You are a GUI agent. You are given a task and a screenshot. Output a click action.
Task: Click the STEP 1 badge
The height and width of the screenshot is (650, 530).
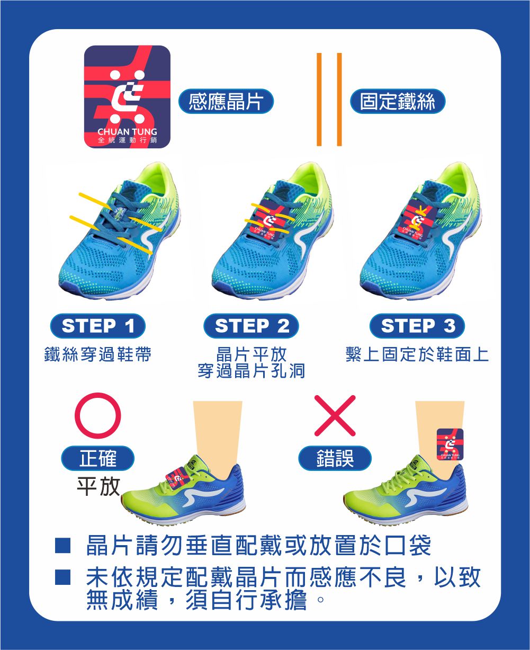(97, 326)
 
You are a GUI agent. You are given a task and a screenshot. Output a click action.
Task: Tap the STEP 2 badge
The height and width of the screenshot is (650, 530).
(251, 326)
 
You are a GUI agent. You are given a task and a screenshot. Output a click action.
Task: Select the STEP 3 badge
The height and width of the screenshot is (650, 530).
(417, 326)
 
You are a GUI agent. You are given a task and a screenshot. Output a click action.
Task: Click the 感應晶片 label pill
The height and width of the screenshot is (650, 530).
(226, 101)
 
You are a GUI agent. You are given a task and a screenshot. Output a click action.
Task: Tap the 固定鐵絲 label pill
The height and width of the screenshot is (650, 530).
(398, 101)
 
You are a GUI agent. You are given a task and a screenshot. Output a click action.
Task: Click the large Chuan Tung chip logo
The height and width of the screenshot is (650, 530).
(127, 97)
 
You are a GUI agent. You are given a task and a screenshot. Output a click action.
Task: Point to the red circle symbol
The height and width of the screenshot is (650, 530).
(97, 415)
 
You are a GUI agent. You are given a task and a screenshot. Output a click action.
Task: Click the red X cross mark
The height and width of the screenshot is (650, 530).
(335, 415)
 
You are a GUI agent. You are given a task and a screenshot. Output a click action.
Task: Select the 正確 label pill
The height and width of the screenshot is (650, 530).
(97, 458)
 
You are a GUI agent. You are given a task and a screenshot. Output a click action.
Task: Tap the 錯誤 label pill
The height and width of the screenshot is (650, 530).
(335, 458)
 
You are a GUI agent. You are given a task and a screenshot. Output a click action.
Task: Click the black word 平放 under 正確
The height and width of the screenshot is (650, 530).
(98, 487)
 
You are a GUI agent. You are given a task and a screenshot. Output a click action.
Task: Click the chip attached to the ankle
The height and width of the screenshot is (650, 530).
(450, 444)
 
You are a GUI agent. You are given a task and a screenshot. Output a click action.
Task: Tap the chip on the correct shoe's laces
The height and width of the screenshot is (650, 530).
(177, 478)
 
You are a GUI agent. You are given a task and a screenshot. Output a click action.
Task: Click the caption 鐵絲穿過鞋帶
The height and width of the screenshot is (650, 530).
(97, 354)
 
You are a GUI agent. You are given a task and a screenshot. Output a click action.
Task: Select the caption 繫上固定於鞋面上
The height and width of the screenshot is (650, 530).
(417, 354)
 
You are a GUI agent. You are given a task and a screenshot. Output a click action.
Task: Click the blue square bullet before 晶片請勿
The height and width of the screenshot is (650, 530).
(62, 546)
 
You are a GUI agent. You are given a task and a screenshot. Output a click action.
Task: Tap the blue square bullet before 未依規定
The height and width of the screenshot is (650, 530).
(62, 577)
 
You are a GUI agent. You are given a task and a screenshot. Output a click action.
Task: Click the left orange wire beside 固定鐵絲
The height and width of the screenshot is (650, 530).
(319, 99)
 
